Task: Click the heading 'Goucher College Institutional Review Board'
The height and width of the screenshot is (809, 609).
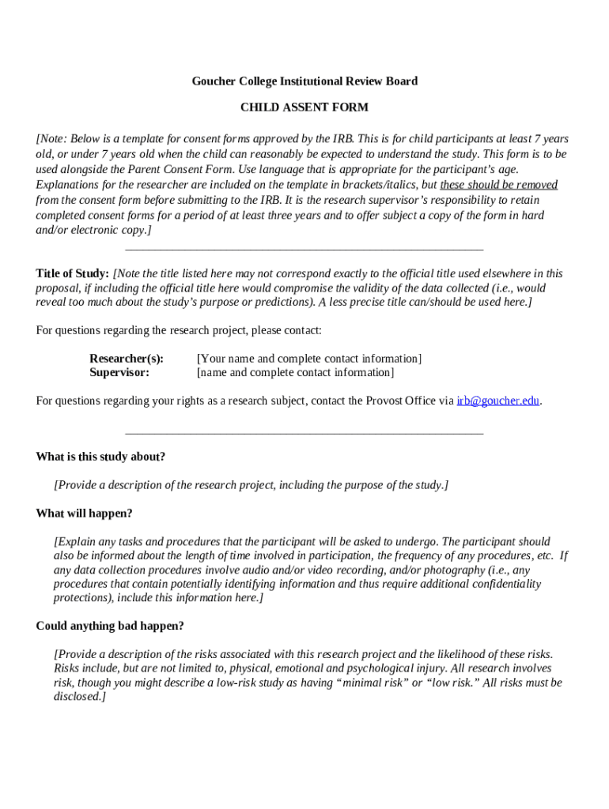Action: pos(304,81)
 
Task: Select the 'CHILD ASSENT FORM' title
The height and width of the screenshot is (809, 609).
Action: pos(304,107)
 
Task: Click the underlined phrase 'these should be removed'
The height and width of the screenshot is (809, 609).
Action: pos(499,185)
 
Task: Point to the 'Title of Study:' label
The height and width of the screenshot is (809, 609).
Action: pos(72,273)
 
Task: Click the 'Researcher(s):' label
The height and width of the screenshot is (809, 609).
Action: pos(127,359)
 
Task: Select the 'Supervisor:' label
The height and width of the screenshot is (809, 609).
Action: pos(119,372)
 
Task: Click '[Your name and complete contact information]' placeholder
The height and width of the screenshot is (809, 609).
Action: pos(309,359)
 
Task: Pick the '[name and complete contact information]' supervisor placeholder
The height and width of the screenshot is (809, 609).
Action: pos(295,372)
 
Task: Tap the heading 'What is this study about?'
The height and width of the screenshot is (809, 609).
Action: pos(100,457)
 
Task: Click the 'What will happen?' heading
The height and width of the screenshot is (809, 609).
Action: pos(84,514)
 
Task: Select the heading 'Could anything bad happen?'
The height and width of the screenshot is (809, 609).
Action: pos(110,626)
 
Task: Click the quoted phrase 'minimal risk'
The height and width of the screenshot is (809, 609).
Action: pos(370,683)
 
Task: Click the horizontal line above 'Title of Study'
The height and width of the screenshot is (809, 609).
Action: pos(304,250)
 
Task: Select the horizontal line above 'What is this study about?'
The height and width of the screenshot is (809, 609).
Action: pos(304,433)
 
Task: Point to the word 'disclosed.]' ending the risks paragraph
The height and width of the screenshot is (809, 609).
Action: pos(79,697)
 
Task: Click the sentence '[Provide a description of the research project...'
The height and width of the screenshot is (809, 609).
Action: pos(251,485)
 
